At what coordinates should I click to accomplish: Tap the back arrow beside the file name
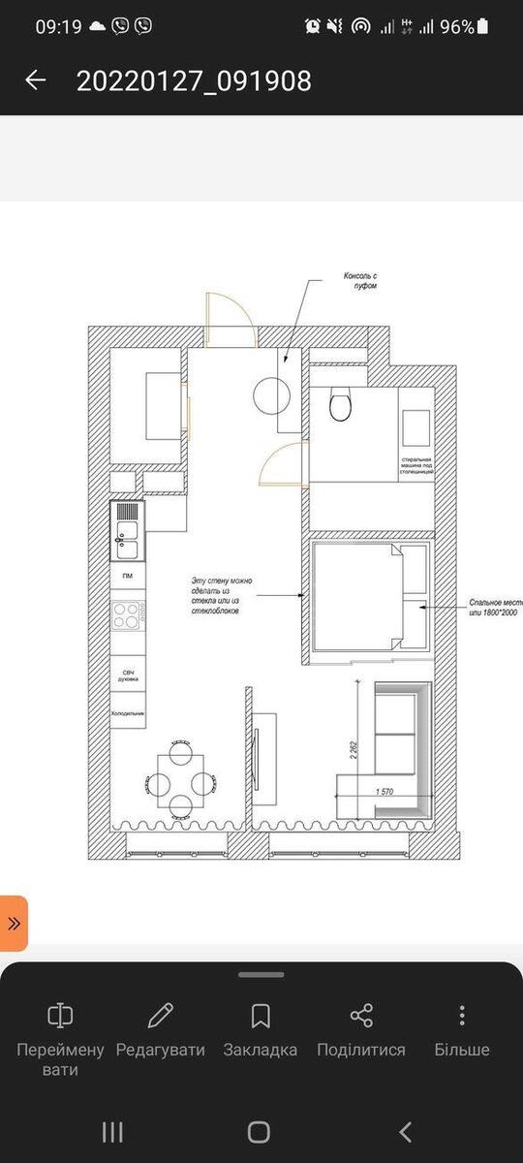pyautogui.click(x=35, y=80)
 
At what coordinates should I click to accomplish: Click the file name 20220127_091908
pyautogui.click(x=194, y=80)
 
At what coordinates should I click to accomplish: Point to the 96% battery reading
pyautogui.click(x=457, y=26)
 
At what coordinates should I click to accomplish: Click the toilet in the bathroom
pyautogui.click(x=340, y=404)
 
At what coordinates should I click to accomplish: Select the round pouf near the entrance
pyautogui.click(x=272, y=395)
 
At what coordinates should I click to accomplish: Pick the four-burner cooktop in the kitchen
pyautogui.click(x=127, y=613)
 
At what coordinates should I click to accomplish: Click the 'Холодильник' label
pyautogui.click(x=127, y=712)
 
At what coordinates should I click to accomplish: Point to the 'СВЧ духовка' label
pyautogui.click(x=127, y=675)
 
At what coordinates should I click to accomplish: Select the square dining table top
pyautogui.click(x=180, y=775)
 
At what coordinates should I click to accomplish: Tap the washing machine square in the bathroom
pyautogui.click(x=415, y=427)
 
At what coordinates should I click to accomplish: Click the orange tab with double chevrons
pyautogui.click(x=14, y=923)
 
